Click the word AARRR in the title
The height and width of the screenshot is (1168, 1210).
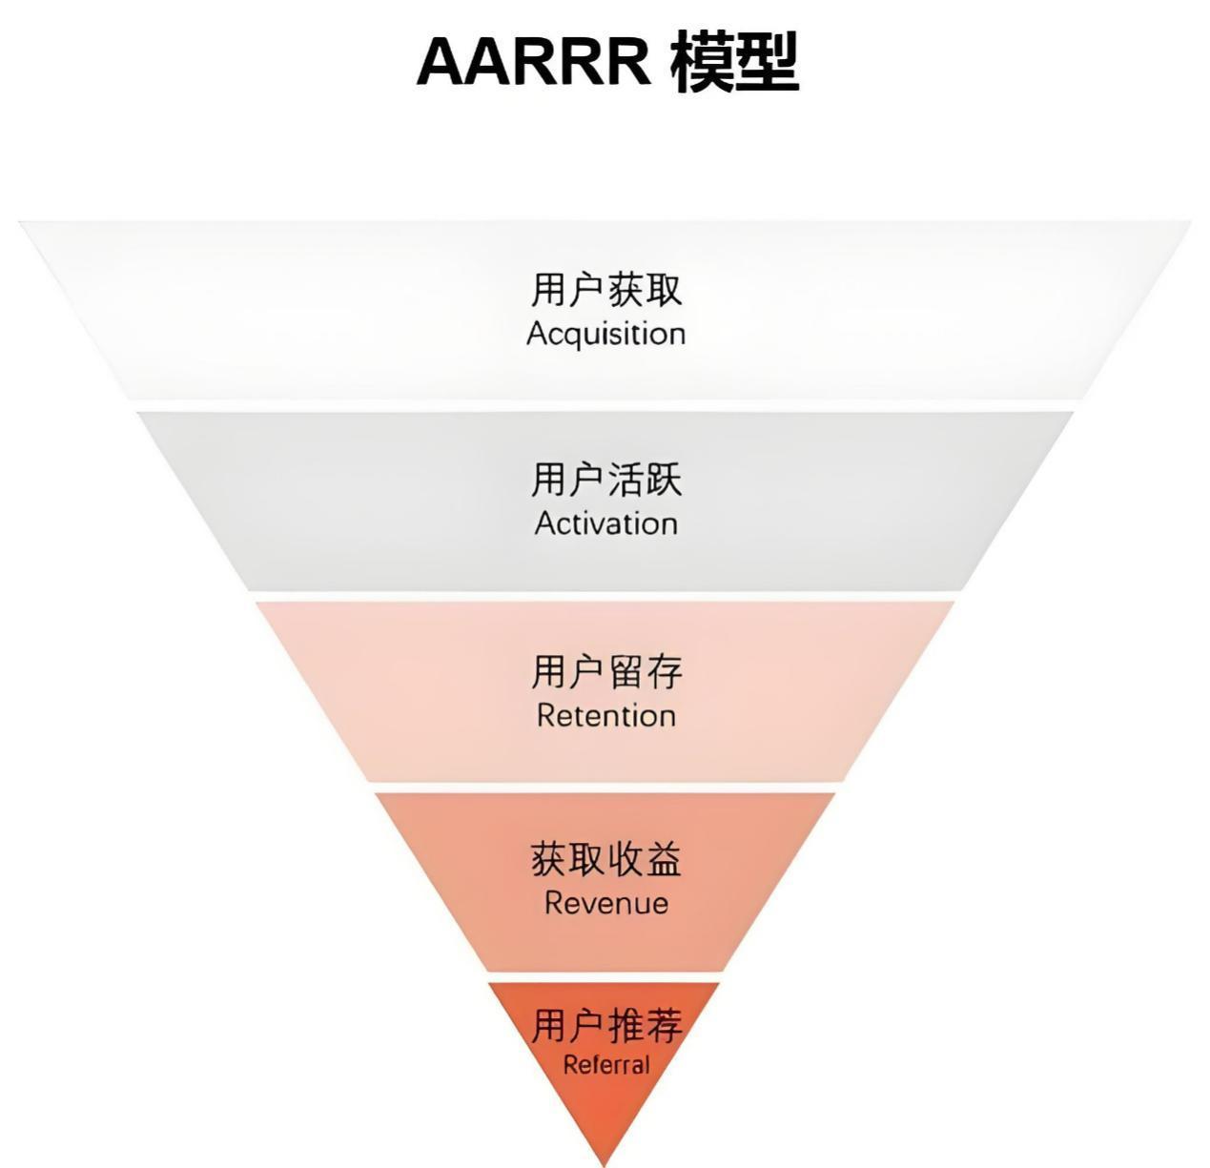[533, 61]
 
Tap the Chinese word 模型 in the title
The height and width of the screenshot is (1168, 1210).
[734, 61]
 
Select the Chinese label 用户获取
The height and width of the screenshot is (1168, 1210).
[606, 290]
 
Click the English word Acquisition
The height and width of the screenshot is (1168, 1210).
[606, 335]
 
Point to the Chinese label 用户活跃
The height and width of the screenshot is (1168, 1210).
[606, 479]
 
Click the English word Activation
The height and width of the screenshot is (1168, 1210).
[606, 523]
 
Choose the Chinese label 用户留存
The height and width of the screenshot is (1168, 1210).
[606, 671]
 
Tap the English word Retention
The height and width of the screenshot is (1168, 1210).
[606, 715]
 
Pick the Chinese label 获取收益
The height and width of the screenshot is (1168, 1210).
[606, 859]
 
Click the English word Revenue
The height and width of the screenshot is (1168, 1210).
[606, 903]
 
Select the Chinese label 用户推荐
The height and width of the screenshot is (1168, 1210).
[606, 1026]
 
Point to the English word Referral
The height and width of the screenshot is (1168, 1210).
[606, 1065]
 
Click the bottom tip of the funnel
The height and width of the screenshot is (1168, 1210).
[605, 1161]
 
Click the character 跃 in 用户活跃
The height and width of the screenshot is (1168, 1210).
[665, 479]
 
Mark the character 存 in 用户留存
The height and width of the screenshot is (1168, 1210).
[665, 671]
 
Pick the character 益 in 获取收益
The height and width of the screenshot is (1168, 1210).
[665, 859]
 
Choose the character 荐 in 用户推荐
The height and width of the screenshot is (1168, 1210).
[665, 1026]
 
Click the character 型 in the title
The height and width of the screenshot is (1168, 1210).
[767, 61]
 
